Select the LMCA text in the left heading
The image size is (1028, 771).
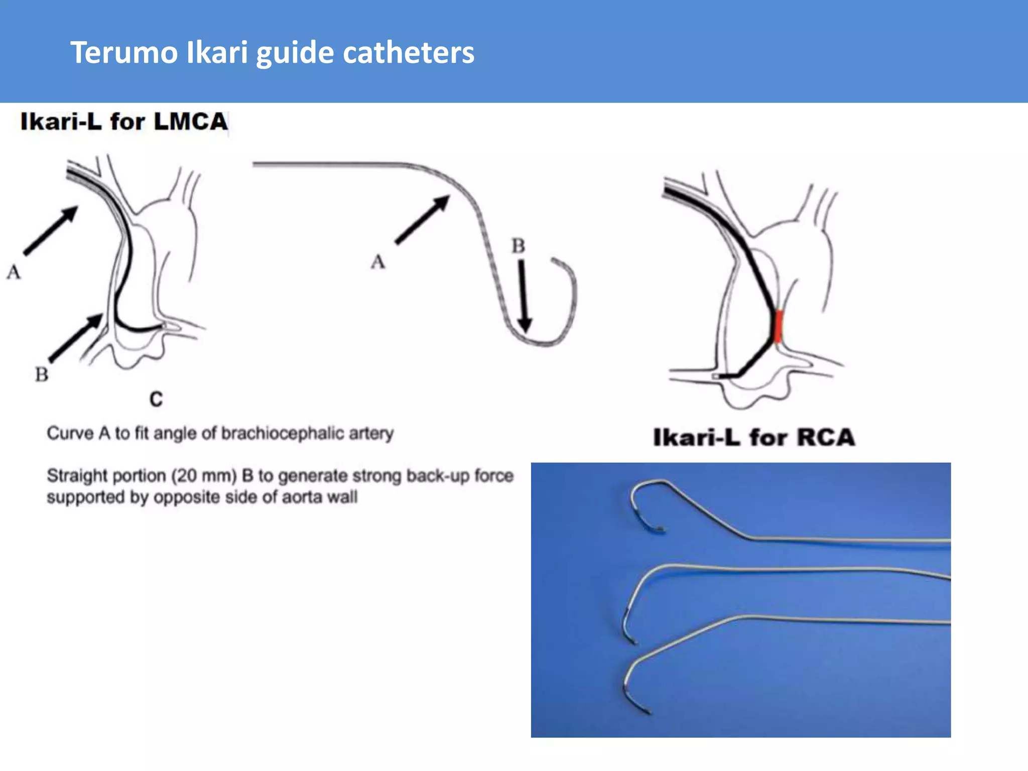(191, 121)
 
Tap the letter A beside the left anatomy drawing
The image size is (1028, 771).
(14, 272)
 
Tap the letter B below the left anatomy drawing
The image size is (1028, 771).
(42, 374)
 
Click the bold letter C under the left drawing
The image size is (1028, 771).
(156, 400)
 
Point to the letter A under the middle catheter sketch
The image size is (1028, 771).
(378, 262)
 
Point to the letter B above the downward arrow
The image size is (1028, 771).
(518, 246)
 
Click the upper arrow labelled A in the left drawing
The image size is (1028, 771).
(51, 230)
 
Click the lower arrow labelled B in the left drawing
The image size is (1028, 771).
(75, 338)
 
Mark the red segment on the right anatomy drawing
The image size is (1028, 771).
(778, 326)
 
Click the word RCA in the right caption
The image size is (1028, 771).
(826, 437)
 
